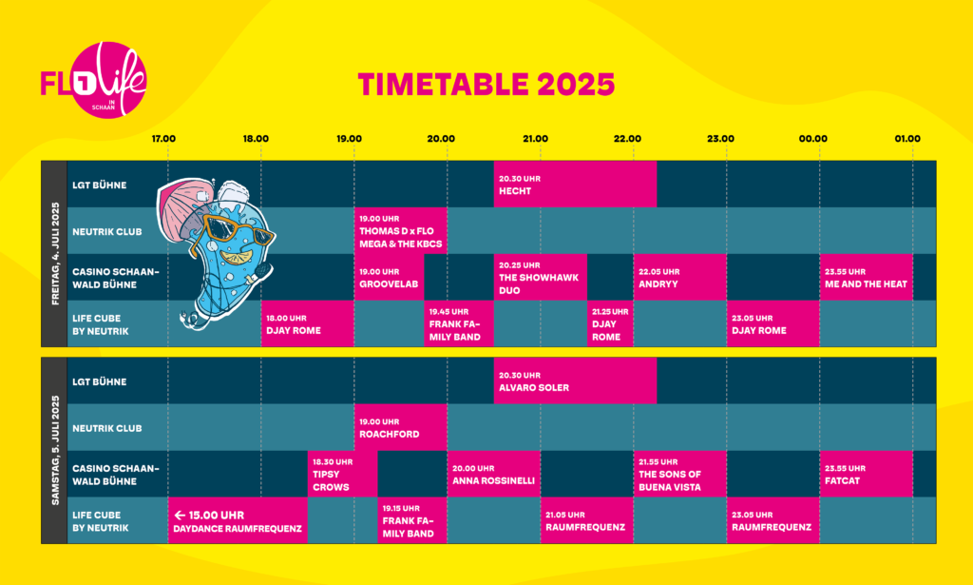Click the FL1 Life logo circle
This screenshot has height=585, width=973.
109,80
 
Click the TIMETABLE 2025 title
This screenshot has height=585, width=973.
486,85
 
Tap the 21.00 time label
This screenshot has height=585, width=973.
535,139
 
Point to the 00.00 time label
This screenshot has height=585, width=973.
813,139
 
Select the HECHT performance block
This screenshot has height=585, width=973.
575,184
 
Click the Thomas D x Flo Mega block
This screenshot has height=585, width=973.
401,230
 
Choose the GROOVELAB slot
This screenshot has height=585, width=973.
389,277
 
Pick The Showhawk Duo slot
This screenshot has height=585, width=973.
541,277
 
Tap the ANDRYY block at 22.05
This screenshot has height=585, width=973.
680,277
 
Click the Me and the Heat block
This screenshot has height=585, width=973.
867,277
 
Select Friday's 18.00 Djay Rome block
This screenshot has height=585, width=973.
308,323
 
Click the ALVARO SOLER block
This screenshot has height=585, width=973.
575,380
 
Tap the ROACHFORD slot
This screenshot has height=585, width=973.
401,427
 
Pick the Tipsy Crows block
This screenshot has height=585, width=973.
342,474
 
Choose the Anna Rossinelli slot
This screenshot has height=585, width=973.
494,474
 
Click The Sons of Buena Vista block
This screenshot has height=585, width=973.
680,474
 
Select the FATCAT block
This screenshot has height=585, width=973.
867,474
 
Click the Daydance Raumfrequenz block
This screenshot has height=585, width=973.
238,520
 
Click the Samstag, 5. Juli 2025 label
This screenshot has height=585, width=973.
55,450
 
